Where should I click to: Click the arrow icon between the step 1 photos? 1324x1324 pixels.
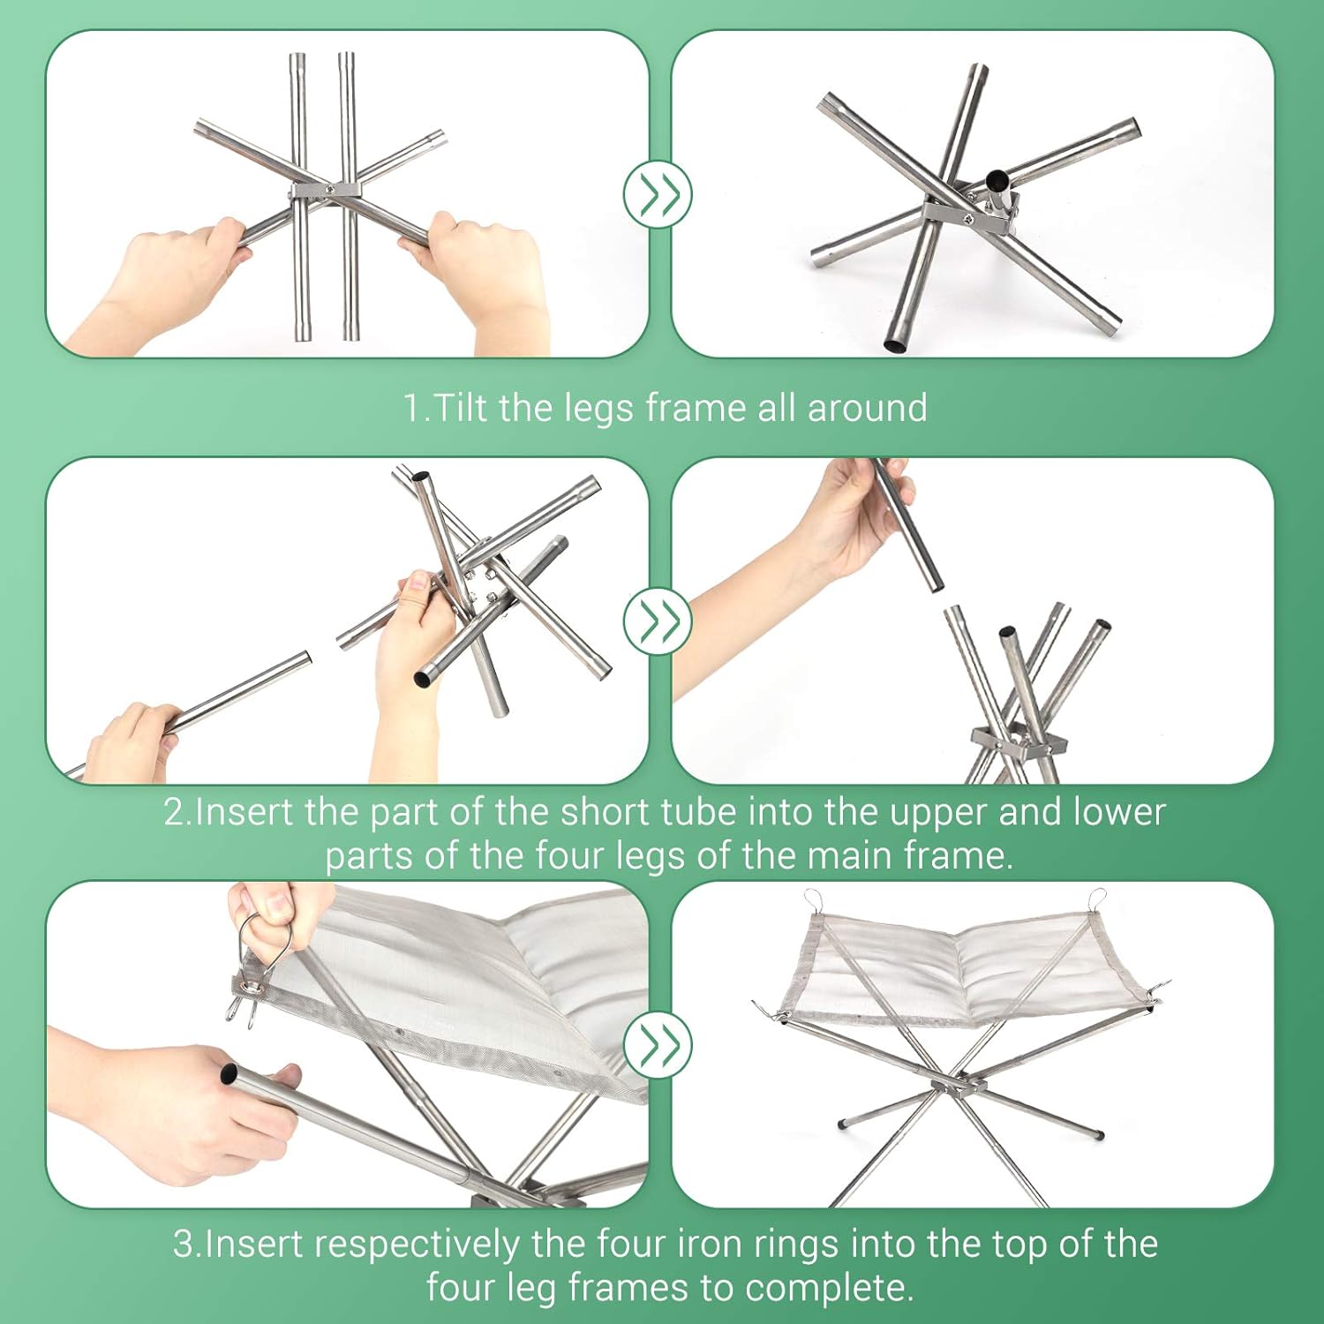point(658,194)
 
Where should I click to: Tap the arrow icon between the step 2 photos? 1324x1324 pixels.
point(658,621)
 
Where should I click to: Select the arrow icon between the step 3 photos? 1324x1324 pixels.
point(658,1045)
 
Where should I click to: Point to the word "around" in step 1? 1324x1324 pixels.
point(867,409)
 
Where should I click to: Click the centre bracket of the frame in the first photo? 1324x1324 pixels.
point(326,191)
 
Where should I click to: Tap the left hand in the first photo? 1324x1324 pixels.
point(168,282)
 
